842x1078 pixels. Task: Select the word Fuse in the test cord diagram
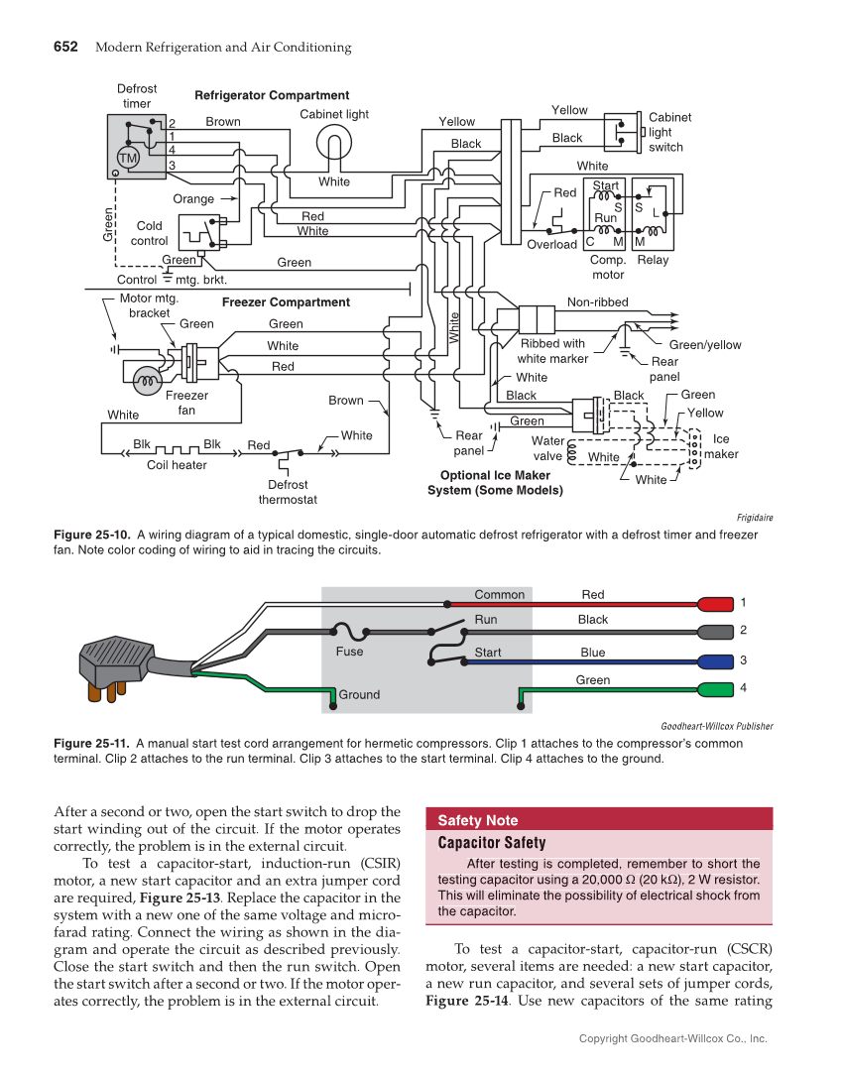pos(349,652)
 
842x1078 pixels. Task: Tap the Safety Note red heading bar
pos(598,820)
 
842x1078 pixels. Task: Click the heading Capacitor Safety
pos(492,843)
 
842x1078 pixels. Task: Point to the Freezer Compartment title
pos(286,302)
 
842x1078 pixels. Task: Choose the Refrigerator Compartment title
pos(272,95)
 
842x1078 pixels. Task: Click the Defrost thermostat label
pos(288,493)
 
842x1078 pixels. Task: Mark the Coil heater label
pos(177,465)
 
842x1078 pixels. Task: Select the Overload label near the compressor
pos(551,244)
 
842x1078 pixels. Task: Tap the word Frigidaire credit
pos(755,518)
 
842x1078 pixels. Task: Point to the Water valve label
pos(547,448)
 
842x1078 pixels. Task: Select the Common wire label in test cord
pos(499,595)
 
